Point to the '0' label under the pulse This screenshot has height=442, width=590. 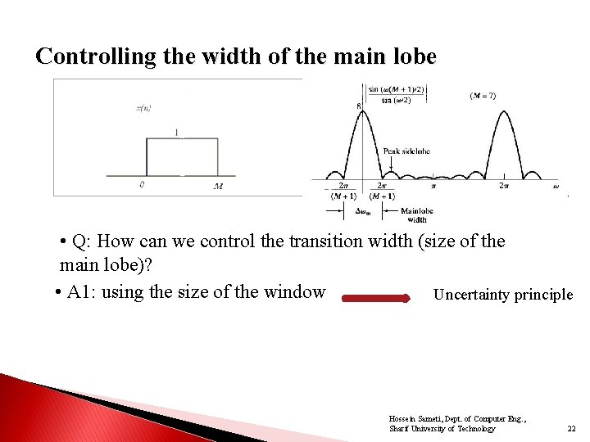143,185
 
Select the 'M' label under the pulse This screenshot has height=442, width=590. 218,186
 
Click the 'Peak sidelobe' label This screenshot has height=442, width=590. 406,151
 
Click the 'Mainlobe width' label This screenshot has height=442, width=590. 416,215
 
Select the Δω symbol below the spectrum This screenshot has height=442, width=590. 362,211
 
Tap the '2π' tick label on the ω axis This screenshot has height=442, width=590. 505,187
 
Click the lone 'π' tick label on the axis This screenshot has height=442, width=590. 433,187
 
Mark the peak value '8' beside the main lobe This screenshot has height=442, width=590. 357,106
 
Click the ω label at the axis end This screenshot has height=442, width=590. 555,186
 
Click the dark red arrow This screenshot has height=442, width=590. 375,299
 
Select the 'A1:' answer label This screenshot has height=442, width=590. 82,292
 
